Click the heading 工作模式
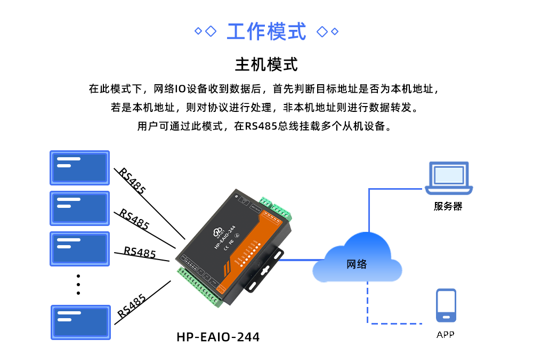click(x=266, y=31)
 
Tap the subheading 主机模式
click(x=266, y=65)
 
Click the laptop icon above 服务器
click(x=449, y=178)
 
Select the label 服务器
click(x=448, y=207)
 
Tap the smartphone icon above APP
click(x=446, y=305)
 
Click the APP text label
click(x=446, y=335)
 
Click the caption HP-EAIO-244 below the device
click(x=218, y=337)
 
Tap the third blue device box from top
click(x=79, y=248)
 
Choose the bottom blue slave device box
click(x=80, y=322)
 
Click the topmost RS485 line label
click(x=132, y=181)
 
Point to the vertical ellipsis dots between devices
click(x=78, y=285)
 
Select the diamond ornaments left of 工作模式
click(x=205, y=31)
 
